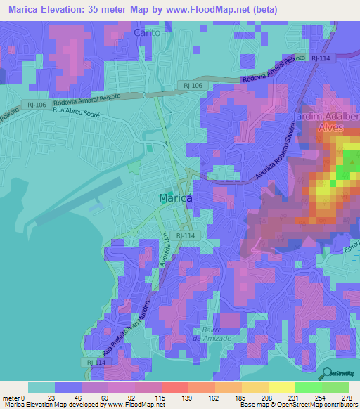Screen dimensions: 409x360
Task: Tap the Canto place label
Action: point(148,32)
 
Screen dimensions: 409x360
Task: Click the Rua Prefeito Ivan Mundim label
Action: point(127,327)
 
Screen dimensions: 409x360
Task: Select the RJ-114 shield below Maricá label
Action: point(185,235)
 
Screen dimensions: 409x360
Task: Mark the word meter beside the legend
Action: point(12,397)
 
